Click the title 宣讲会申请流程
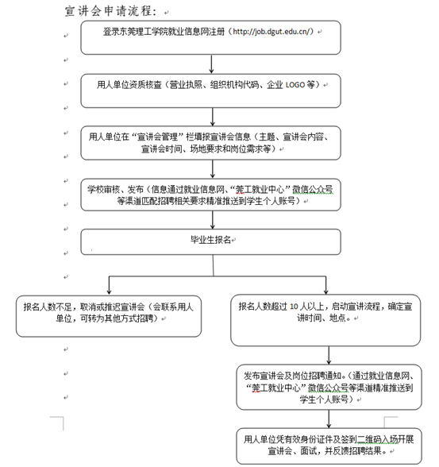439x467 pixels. (110, 11)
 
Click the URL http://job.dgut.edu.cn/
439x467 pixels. (272, 31)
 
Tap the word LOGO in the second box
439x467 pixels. (295, 85)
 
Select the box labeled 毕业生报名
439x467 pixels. (210, 241)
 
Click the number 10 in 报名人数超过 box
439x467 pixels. (294, 307)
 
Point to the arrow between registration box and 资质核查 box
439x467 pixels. (211, 64)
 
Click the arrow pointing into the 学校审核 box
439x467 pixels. (213, 169)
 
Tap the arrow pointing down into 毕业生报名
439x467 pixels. (213, 220)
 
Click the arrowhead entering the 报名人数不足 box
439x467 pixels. (109, 292)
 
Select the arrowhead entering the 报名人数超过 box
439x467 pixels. (326, 291)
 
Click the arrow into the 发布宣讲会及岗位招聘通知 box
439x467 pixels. (329, 355)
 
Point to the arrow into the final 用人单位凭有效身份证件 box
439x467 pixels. (329, 419)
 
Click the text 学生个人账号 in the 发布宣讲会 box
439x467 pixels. (324, 399)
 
